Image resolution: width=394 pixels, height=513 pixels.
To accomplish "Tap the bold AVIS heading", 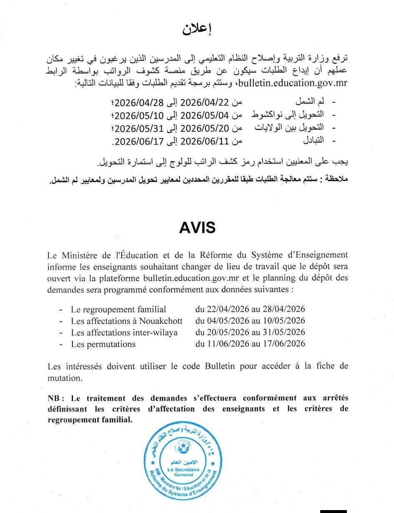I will [197, 228].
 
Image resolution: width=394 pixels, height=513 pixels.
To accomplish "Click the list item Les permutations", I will [103, 344].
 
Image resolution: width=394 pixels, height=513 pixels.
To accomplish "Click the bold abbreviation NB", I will [56, 398].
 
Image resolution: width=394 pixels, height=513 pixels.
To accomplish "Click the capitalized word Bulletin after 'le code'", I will [220, 366].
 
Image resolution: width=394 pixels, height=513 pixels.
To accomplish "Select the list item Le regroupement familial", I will [118, 309].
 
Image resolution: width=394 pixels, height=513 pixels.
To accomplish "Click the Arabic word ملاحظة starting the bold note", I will [334, 180].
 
